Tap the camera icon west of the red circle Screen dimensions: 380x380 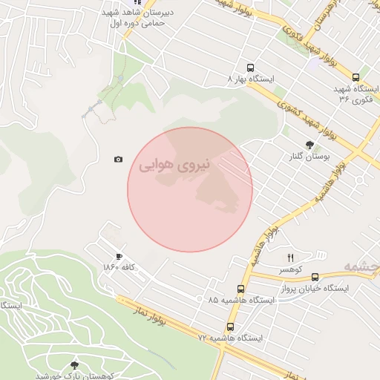118,160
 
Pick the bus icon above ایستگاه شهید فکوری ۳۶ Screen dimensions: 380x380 356,77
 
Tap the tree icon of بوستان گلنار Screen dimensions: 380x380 309,145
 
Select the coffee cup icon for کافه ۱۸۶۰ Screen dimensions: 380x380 119,256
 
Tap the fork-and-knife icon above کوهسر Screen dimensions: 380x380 280,258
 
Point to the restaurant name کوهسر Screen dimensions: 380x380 280,269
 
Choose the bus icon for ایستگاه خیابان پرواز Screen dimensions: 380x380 315,277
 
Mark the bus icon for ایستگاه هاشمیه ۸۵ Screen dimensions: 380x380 240,288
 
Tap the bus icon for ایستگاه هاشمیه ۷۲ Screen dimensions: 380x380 229,327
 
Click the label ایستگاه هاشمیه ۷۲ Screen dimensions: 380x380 229,338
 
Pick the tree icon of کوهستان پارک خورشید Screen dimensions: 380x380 73,365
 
